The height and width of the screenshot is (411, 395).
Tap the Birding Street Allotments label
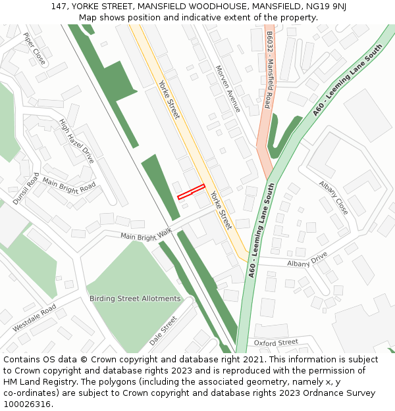coord(135,299)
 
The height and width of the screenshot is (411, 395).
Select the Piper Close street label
coord(34,49)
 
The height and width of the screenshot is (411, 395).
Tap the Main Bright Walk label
coord(145,233)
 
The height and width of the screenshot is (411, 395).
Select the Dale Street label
coord(163,330)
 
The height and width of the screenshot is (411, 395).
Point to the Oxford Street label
coord(276,343)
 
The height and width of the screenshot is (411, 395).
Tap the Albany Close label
coord(333,197)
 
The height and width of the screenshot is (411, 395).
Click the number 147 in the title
coord(59,7)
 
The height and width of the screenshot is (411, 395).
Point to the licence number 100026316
coord(27,404)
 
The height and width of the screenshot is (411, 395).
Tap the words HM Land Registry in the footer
coord(34,382)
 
